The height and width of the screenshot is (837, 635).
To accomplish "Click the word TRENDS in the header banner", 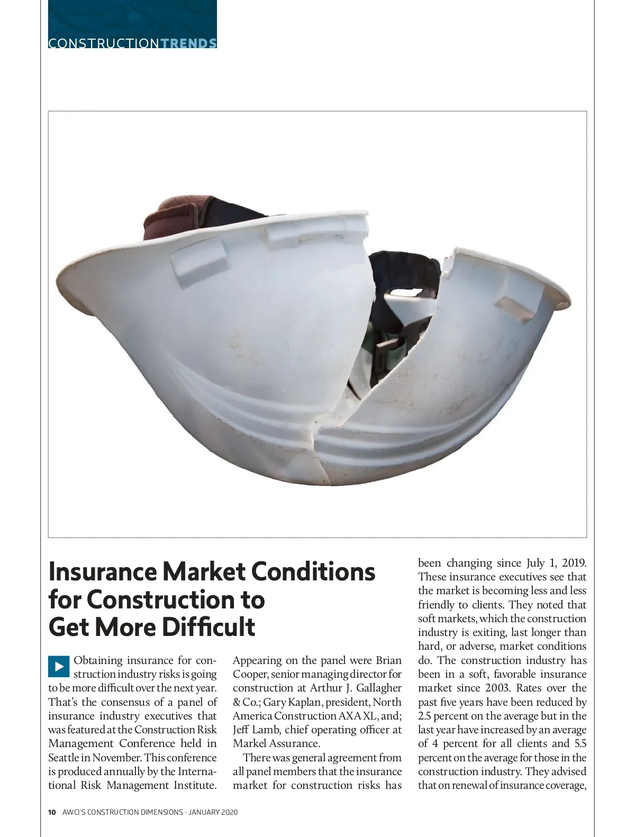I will pos(188,43).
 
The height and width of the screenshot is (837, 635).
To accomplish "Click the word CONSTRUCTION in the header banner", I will pos(103,43).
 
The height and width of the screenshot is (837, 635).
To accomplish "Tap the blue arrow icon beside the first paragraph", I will pos(59,666).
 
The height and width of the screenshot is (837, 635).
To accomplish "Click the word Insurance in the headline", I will pos(102,572).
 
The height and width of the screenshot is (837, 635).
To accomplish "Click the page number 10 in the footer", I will pos(52,812).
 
